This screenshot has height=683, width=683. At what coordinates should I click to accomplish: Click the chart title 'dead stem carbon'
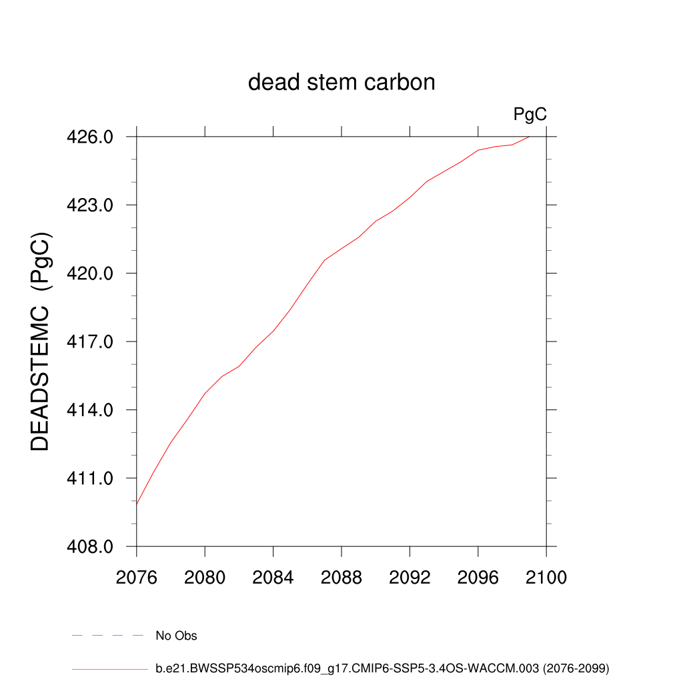(x=341, y=83)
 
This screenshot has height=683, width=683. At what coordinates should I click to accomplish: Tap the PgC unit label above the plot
(x=530, y=115)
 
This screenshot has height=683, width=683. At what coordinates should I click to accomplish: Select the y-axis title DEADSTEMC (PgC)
(x=41, y=341)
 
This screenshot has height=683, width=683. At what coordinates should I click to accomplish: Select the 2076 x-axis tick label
(x=137, y=578)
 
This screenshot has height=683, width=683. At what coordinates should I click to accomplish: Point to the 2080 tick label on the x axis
(x=205, y=578)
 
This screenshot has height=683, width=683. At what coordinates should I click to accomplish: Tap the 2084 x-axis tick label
(x=273, y=578)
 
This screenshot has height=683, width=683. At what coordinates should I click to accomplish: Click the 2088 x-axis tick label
(x=341, y=578)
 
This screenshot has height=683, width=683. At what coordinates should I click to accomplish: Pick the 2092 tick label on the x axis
(x=410, y=578)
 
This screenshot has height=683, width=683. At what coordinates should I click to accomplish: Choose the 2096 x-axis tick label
(x=478, y=578)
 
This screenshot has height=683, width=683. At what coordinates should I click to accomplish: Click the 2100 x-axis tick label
(x=546, y=578)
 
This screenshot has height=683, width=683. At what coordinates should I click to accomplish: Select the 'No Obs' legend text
(x=176, y=636)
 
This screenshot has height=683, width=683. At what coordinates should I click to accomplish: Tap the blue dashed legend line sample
(x=108, y=636)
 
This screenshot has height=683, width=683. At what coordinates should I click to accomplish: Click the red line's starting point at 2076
(x=137, y=504)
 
